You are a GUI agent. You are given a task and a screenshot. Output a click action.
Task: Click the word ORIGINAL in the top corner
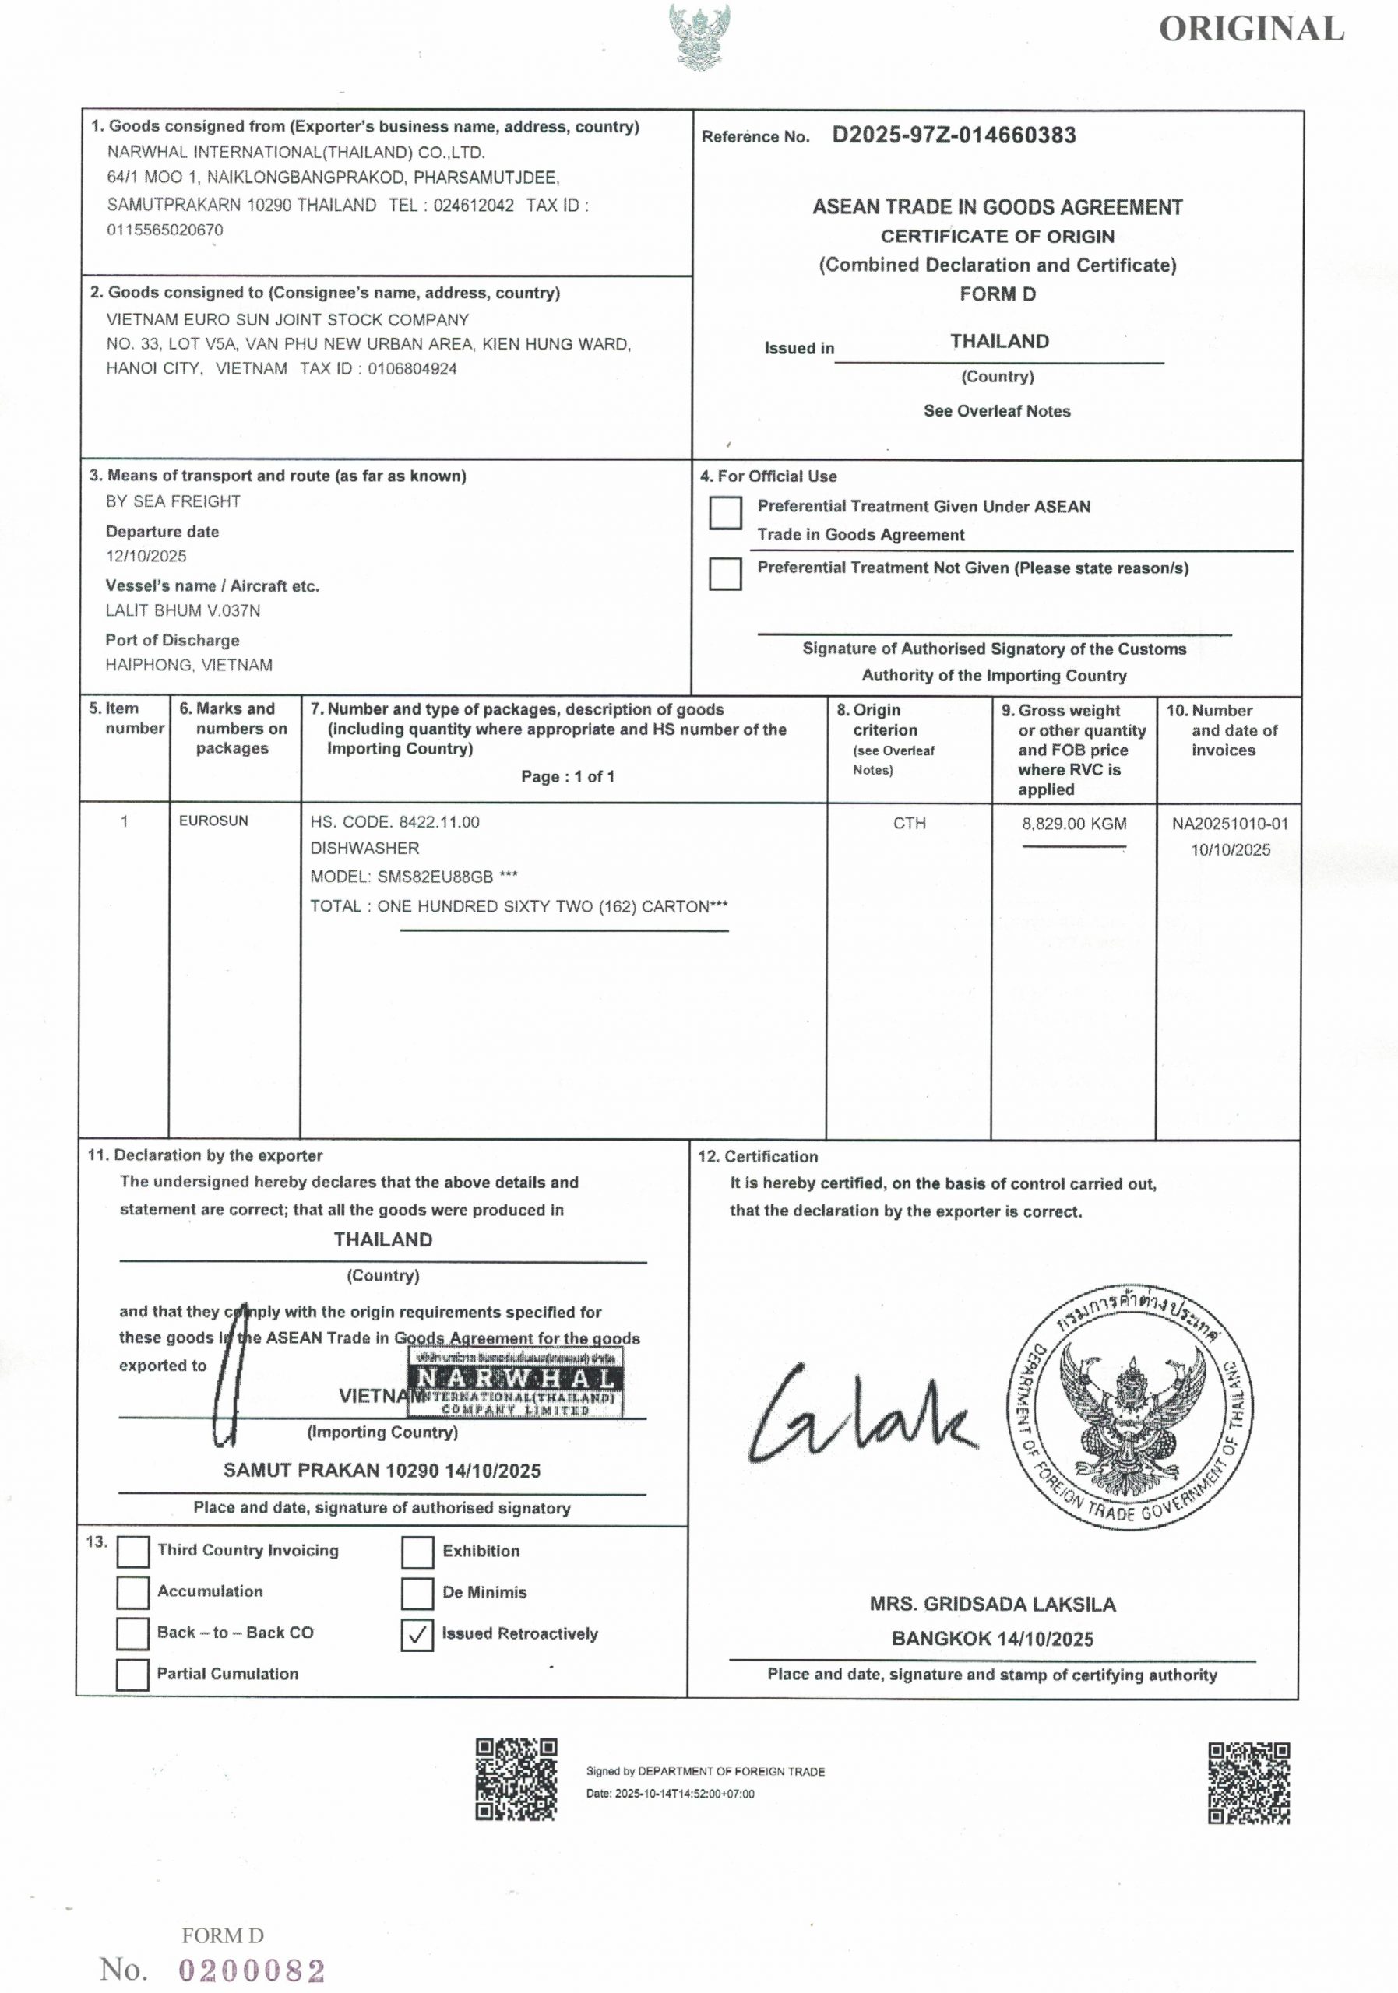1252,30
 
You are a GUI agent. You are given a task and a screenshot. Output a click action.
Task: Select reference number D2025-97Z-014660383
953,135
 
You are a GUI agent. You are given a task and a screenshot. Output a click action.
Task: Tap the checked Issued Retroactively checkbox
417,1635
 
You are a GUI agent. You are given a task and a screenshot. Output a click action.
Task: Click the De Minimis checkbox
417,1593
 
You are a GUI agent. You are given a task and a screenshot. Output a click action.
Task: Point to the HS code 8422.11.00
438,822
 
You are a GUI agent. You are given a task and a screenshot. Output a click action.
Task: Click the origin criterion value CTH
909,823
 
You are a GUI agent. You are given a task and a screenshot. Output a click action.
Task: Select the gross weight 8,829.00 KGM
1074,824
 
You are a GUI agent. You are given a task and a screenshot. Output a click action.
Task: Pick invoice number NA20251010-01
1230,824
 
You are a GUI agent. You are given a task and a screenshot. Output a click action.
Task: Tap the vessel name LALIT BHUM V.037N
183,610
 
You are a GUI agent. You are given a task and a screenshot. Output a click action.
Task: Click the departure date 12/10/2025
146,556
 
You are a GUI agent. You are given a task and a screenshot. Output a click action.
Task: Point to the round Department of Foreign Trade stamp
1132,1406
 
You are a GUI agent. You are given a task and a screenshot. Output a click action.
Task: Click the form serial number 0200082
252,1970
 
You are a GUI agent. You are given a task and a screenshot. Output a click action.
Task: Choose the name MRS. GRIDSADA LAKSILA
992,1604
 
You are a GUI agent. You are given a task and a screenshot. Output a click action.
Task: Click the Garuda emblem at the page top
699,37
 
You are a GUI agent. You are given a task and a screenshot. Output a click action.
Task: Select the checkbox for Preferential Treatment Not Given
725,574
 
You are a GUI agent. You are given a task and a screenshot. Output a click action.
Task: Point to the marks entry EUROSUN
213,821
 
